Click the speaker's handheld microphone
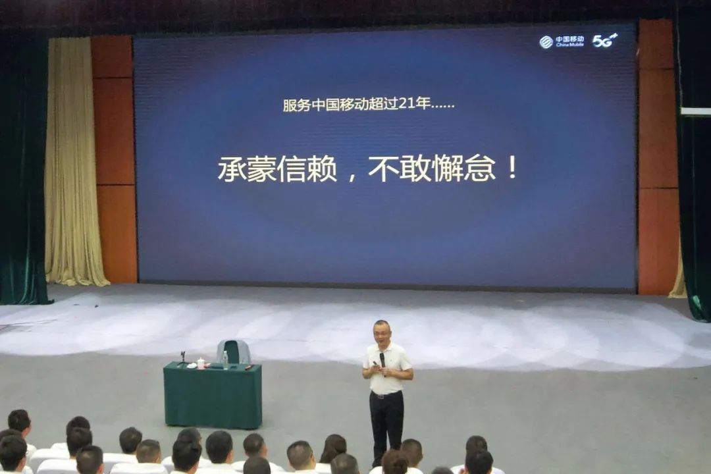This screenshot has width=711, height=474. tap(382, 361)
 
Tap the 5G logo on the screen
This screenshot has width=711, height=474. tap(604, 40)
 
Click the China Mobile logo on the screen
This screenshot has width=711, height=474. tap(562, 41)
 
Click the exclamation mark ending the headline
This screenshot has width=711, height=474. tap(512, 167)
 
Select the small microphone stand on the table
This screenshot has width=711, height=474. tap(182, 358)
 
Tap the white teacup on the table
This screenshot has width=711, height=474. tap(201, 363)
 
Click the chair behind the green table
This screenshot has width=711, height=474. tap(234, 352)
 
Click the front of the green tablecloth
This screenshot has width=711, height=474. tap(213, 397)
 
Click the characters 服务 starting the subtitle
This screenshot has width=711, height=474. tap(296, 105)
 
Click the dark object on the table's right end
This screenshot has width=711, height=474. tap(248, 366)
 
